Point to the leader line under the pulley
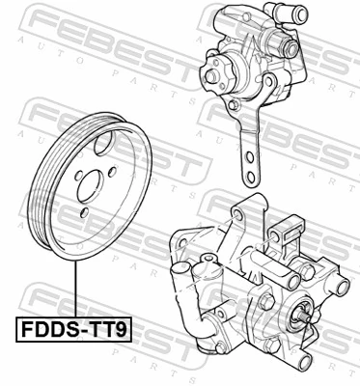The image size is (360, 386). coord(73,294)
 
